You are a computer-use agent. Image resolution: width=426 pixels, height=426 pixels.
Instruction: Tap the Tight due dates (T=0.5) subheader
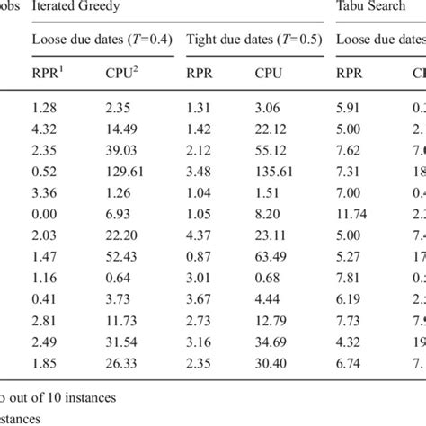coord(252,40)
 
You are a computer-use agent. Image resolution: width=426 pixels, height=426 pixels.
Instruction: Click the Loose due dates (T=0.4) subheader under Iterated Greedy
coord(101,40)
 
